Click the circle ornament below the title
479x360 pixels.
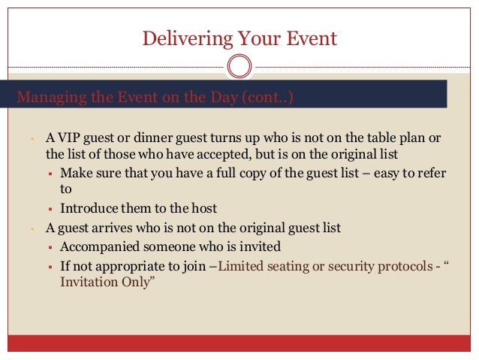pyautogui.click(x=239, y=67)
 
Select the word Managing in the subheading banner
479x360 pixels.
pyautogui.click(x=48, y=97)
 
